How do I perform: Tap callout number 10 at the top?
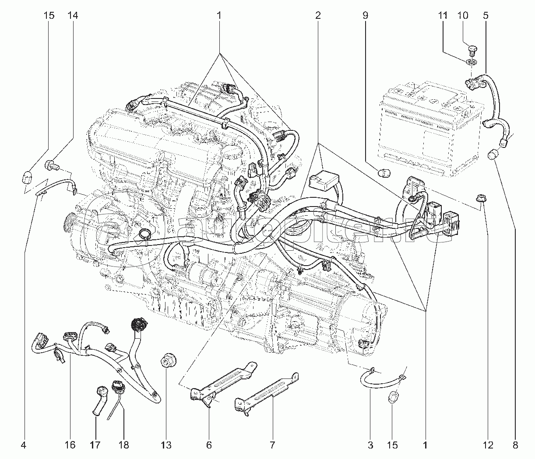coord(463,16)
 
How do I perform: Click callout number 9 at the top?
coord(365,16)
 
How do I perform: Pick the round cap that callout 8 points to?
coord(494,154)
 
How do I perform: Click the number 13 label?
coord(166,445)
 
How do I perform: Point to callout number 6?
coord(209,445)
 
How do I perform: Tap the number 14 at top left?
coord(73,16)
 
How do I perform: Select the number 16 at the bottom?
coord(70,445)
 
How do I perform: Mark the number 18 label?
coord(123,445)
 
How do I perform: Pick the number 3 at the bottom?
coord(370,445)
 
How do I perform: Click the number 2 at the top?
coord(318,16)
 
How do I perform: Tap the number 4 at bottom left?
coord(24,445)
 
